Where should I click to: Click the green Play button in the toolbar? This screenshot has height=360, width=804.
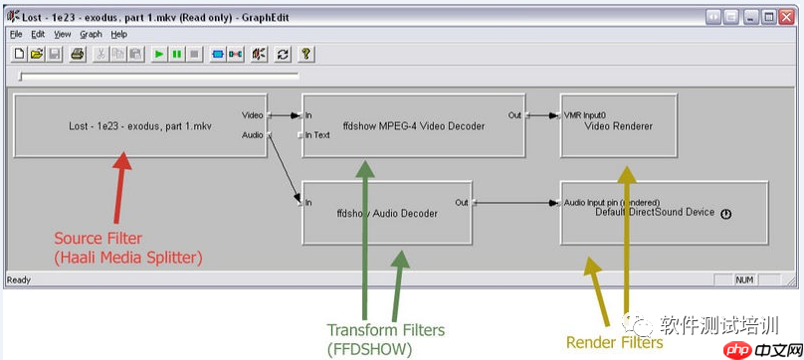tap(159, 54)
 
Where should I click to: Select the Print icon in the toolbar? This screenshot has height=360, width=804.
tap(77, 54)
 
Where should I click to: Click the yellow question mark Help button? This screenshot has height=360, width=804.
tap(306, 54)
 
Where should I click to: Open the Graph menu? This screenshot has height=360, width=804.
tap(91, 35)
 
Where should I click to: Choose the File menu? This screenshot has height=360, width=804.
tap(16, 35)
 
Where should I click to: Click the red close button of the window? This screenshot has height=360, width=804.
tap(786, 18)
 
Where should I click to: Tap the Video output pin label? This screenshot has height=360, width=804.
tap(253, 115)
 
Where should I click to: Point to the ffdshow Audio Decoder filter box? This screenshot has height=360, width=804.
tap(387, 213)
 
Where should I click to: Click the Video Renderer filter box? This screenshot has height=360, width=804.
tap(618, 125)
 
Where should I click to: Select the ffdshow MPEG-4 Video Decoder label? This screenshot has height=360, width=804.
tap(414, 125)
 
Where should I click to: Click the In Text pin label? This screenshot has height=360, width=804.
tap(317, 135)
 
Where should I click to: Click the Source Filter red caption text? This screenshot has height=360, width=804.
tap(98, 239)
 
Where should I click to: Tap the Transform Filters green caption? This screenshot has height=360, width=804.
tap(386, 330)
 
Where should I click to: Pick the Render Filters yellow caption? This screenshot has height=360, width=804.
tap(614, 342)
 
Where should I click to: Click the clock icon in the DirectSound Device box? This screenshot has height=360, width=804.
tap(725, 215)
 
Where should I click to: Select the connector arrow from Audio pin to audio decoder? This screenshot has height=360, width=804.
tap(284, 169)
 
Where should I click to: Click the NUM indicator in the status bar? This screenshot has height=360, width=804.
tap(744, 280)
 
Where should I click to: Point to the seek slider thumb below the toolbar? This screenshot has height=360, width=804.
tap(21, 77)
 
